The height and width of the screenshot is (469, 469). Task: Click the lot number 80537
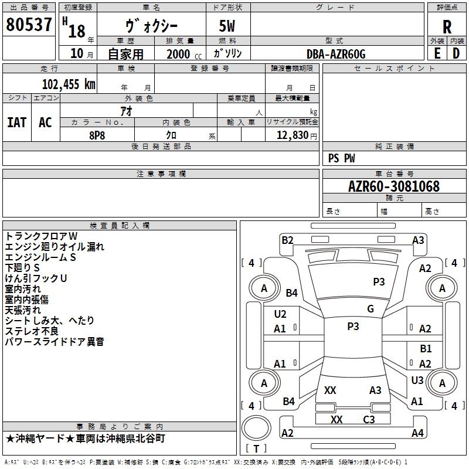point(29,24)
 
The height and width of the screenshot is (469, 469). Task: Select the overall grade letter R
point(447,27)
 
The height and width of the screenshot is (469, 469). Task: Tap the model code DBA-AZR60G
point(336,54)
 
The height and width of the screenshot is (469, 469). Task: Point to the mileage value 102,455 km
point(69,84)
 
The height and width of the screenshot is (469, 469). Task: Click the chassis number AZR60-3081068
point(394,186)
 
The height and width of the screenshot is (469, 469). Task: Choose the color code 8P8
point(97,135)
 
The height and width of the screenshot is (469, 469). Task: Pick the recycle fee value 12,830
point(293,135)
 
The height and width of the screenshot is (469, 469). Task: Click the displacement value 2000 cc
point(184,54)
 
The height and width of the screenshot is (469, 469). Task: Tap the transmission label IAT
point(17,123)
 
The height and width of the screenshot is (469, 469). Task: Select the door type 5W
point(227,26)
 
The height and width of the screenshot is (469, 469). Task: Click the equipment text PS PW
point(342,158)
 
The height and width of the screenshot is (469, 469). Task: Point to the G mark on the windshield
point(371,309)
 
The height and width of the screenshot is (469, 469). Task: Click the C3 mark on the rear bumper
point(369,420)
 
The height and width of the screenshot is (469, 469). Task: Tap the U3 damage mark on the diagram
point(417,380)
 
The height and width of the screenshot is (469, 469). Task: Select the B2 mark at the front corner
point(287,240)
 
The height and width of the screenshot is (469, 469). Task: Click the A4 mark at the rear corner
point(417,433)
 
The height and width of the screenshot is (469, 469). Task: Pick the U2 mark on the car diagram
point(280,314)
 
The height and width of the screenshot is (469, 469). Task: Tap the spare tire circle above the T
point(256,427)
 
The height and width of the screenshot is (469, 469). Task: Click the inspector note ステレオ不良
point(32,331)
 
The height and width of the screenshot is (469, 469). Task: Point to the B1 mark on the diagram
point(426,348)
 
